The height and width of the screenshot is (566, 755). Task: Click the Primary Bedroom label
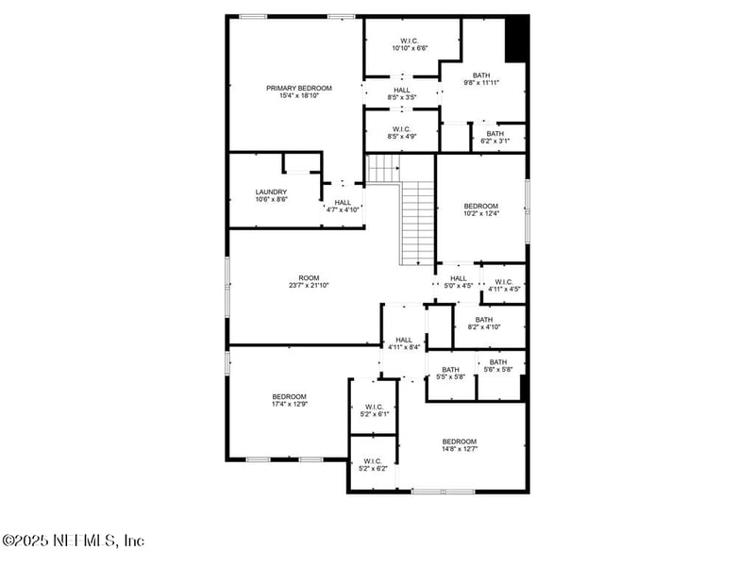[298, 92]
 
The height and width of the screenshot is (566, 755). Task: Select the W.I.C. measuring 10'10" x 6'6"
[410, 44]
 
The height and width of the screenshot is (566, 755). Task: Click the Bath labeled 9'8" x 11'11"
[481, 79]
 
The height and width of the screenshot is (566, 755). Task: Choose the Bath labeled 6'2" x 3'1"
[495, 138]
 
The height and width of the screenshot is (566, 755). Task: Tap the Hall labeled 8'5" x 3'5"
[402, 93]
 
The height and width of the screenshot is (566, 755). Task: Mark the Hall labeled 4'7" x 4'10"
[342, 206]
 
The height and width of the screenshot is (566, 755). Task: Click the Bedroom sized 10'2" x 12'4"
[480, 209]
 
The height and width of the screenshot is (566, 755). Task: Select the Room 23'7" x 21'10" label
[309, 281]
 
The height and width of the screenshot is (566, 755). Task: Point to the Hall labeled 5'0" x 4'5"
[459, 282]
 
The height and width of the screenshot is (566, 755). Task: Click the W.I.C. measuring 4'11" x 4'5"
[503, 285]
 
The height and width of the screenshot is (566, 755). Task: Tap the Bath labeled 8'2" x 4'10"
[483, 324]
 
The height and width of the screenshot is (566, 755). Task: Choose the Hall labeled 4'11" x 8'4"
[404, 343]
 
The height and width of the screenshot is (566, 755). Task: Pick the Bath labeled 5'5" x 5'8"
[450, 374]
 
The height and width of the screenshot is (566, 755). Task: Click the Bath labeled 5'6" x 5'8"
[497, 366]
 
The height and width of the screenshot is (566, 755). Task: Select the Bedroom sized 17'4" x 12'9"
[290, 400]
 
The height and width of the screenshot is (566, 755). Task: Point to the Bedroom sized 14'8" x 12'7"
[460, 445]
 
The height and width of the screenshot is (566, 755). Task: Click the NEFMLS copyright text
[74, 541]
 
